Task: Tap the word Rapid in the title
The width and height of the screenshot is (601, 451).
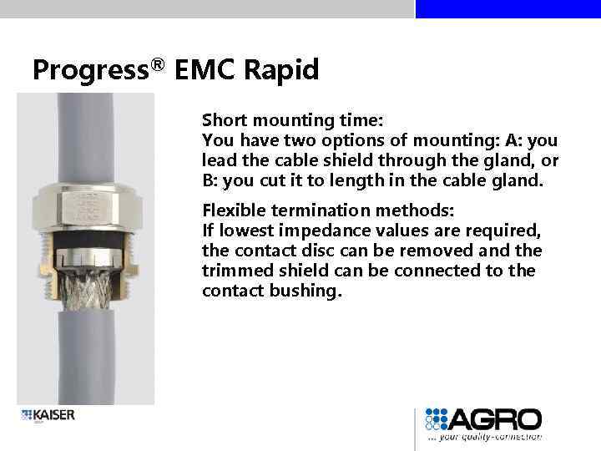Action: [281, 70]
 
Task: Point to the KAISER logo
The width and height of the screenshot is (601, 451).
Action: [48, 415]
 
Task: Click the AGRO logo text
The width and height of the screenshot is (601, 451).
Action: [497, 419]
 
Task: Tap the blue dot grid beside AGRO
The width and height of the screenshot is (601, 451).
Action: [437, 419]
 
